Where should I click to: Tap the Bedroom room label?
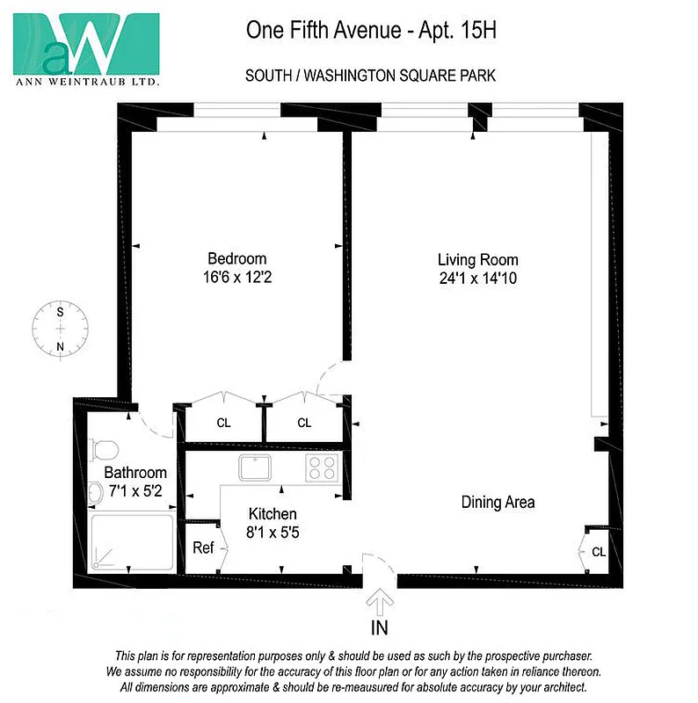(236, 258)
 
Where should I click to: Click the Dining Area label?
(498, 503)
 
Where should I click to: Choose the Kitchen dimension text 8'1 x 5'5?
(273, 532)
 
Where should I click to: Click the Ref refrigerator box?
(203, 547)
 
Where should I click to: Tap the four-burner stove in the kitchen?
(322, 467)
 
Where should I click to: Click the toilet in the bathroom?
(105, 449)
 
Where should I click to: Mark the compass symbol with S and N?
(61, 328)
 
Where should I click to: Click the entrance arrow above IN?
(380, 603)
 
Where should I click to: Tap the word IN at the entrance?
(380, 627)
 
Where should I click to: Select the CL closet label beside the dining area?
(598, 552)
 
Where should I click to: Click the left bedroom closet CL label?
(224, 423)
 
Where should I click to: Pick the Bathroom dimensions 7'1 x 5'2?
(135, 490)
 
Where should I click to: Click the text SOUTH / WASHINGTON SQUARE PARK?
(370, 76)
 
